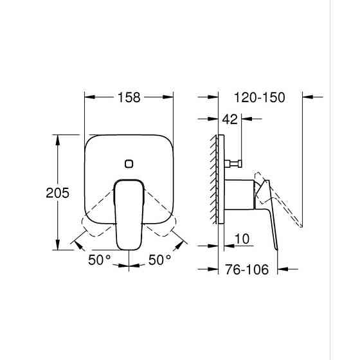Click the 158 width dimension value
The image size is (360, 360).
(x=129, y=97)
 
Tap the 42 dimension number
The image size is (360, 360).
(x=230, y=118)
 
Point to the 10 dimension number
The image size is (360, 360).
(x=242, y=239)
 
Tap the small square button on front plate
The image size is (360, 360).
(x=130, y=163)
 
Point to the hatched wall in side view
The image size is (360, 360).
(x=214, y=180)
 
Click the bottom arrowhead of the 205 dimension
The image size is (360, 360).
(x=59, y=248)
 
